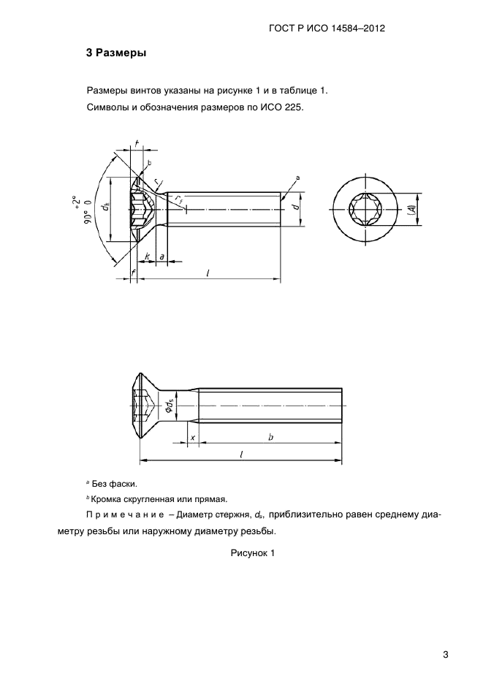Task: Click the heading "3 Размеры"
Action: (x=116, y=53)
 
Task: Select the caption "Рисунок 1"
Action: (x=252, y=553)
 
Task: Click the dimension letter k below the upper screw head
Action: (x=147, y=256)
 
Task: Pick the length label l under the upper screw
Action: (x=208, y=273)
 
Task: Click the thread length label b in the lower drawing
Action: (x=270, y=437)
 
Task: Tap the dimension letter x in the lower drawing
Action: (x=192, y=437)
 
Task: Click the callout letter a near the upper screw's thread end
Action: (x=298, y=178)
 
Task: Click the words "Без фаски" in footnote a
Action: (x=114, y=484)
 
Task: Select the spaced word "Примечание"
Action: (x=125, y=516)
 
